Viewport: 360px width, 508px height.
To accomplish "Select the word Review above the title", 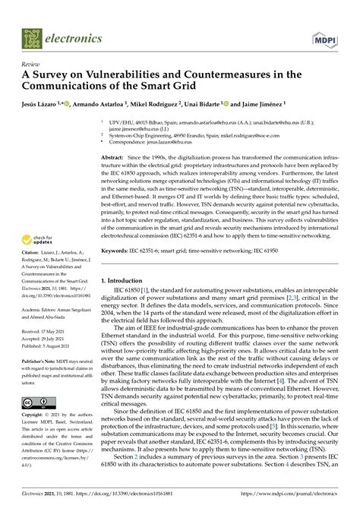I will [x=31, y=65].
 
